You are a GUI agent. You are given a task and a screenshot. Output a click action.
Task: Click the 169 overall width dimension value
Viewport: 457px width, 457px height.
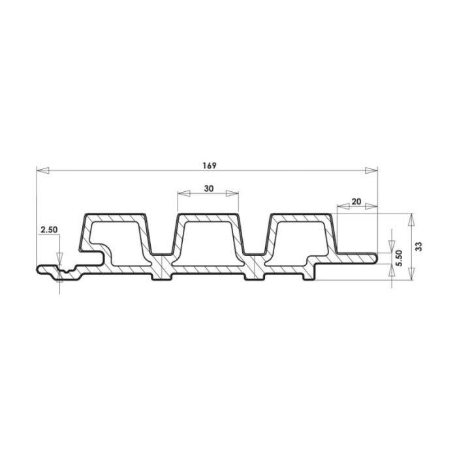210,166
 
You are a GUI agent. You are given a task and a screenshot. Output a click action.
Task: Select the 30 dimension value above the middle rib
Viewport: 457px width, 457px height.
209,189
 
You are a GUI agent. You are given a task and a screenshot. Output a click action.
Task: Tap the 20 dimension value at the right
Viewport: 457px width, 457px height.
356,201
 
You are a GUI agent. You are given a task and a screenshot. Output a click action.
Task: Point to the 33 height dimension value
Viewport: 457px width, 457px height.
418,247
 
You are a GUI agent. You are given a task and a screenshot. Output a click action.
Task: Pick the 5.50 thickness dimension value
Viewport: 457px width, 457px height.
399,258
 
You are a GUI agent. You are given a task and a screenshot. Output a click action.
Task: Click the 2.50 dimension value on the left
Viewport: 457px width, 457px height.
49,230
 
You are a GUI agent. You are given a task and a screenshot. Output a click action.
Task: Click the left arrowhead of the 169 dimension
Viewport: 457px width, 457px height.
43,170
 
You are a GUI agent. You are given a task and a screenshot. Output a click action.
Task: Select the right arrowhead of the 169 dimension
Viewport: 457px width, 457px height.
371,170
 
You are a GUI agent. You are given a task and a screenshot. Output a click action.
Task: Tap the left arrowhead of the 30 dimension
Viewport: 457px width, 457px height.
184,193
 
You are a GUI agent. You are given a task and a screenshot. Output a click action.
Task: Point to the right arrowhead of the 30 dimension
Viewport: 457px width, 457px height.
232,193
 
